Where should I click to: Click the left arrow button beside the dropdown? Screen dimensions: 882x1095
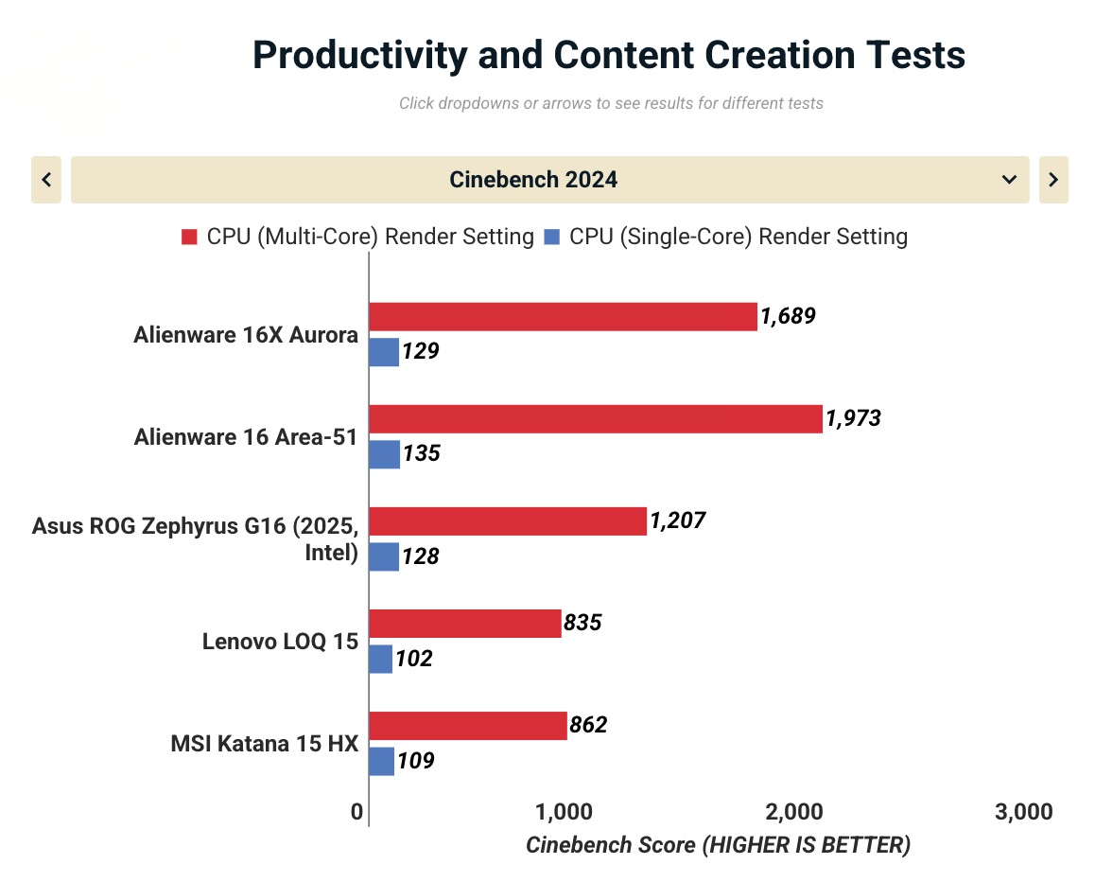[x=46, y=180]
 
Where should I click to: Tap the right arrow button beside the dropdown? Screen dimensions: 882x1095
[x=1053, y=180]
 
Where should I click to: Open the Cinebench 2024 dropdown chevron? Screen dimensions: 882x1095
[x=1009, y=180]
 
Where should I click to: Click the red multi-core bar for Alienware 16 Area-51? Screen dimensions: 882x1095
[x=596, y=419]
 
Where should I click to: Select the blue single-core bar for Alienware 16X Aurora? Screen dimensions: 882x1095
[x=384, y=352]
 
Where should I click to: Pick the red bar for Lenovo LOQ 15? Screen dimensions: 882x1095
[x=464, y=624]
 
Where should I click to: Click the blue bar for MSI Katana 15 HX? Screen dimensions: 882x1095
[x=381, y=761]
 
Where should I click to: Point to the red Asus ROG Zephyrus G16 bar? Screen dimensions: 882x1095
[x=508, y=521]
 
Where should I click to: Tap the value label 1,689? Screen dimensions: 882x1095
[x=788, y=316]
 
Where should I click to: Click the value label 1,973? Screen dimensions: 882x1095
[x=853, y=418]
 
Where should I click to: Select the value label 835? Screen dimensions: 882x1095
[x=582, y=623]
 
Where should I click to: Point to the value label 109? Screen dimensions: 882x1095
[x=416, y=760]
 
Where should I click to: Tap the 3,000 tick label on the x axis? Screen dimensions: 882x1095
[x=1024, y=812]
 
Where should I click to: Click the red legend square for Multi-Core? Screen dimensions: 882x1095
[x=189, y=237]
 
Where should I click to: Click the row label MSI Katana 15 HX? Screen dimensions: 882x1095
[x=264, y=744]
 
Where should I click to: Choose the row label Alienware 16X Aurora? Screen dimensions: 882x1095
[x=246, y=335]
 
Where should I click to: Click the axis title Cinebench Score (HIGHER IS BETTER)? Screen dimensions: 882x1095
[x=718, y=844]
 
